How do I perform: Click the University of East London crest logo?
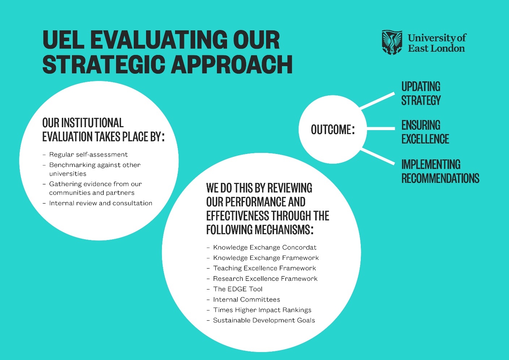tap(392, 42)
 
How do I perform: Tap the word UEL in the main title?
tap(63, 40)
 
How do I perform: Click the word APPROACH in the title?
tap(232, 65)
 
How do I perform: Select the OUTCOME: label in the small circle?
tap(333, 130)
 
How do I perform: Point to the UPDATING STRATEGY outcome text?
tap(421, 93)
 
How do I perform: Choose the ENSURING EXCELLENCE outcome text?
tap(425, 132)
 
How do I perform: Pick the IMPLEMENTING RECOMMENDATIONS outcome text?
tap(440, 171)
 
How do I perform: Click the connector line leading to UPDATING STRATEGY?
tap(377, 100)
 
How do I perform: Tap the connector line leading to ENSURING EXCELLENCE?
tap(381, 128)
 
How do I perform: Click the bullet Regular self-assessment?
tap(88, 155)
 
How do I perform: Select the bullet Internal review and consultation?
tap(100, 203)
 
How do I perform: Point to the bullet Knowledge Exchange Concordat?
tap(265, 248)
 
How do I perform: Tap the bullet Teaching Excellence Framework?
tap(264, 268)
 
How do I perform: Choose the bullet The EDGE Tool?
tap(238, 289)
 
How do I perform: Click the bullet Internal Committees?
tap(247, 300)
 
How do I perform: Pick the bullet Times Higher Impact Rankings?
tap(262, 310)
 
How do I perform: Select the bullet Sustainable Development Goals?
tap(264, 321)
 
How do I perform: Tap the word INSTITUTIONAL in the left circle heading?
tap(92, 123)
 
